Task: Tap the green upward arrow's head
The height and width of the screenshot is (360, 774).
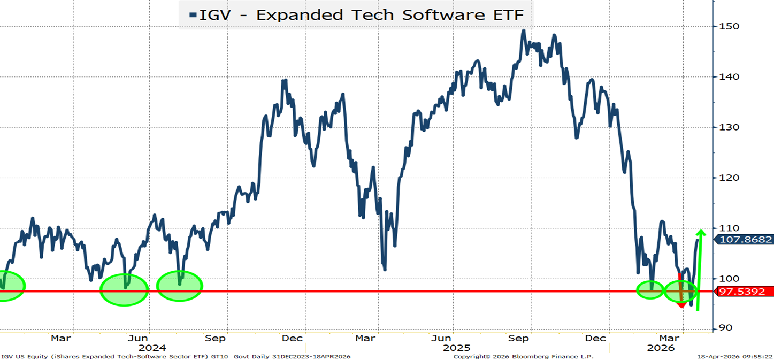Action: coord(700,233)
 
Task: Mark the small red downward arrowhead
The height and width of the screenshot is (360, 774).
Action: coord(681,304)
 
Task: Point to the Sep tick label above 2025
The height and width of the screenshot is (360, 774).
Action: coord(518,338)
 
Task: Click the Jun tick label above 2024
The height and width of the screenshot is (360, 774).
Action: coord(138,338)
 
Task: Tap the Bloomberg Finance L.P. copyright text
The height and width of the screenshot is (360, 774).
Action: coord(524,356)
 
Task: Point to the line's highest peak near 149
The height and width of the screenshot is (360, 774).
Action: coord(523,30)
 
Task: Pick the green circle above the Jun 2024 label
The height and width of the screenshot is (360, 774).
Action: coord(124,289)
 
